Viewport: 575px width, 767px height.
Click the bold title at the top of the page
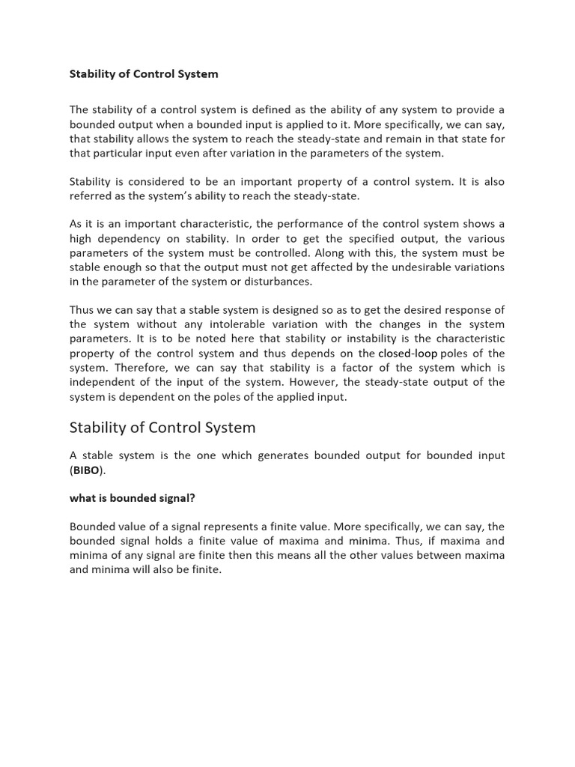pos(144,74)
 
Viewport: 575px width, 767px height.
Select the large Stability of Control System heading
pos(162,428)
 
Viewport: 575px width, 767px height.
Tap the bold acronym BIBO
pos(86,470)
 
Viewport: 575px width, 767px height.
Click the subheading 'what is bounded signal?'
pos(127,498)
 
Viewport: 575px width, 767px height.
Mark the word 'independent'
pos(103,382)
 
